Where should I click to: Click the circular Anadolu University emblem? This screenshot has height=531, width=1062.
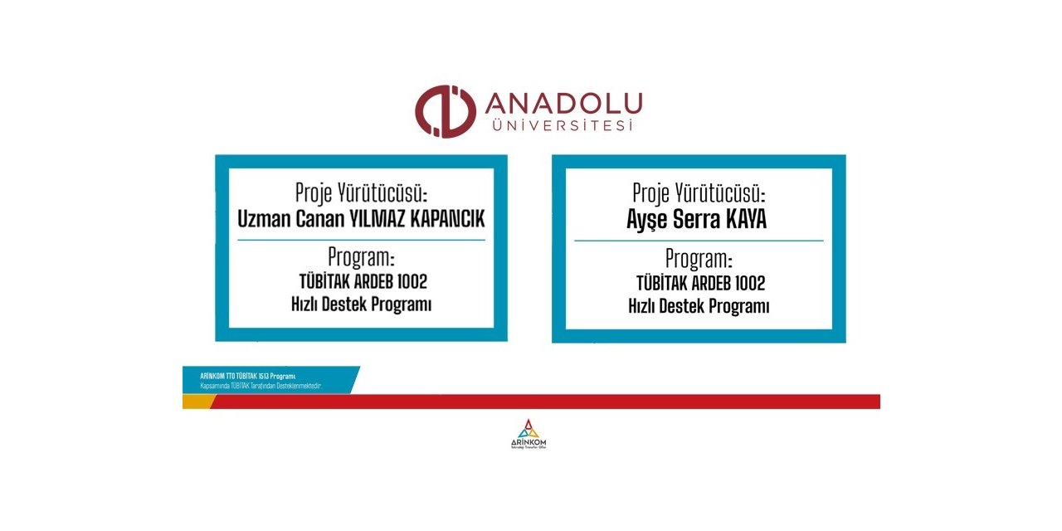445,111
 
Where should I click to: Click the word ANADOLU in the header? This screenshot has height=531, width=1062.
563,105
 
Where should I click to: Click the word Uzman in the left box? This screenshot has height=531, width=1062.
262,219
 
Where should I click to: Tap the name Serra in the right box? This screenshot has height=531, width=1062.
702,220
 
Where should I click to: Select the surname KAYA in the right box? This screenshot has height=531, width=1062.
748,220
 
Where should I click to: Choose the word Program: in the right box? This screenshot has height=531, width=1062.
699,258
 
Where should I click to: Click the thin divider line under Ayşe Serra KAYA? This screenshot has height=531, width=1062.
699,241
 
